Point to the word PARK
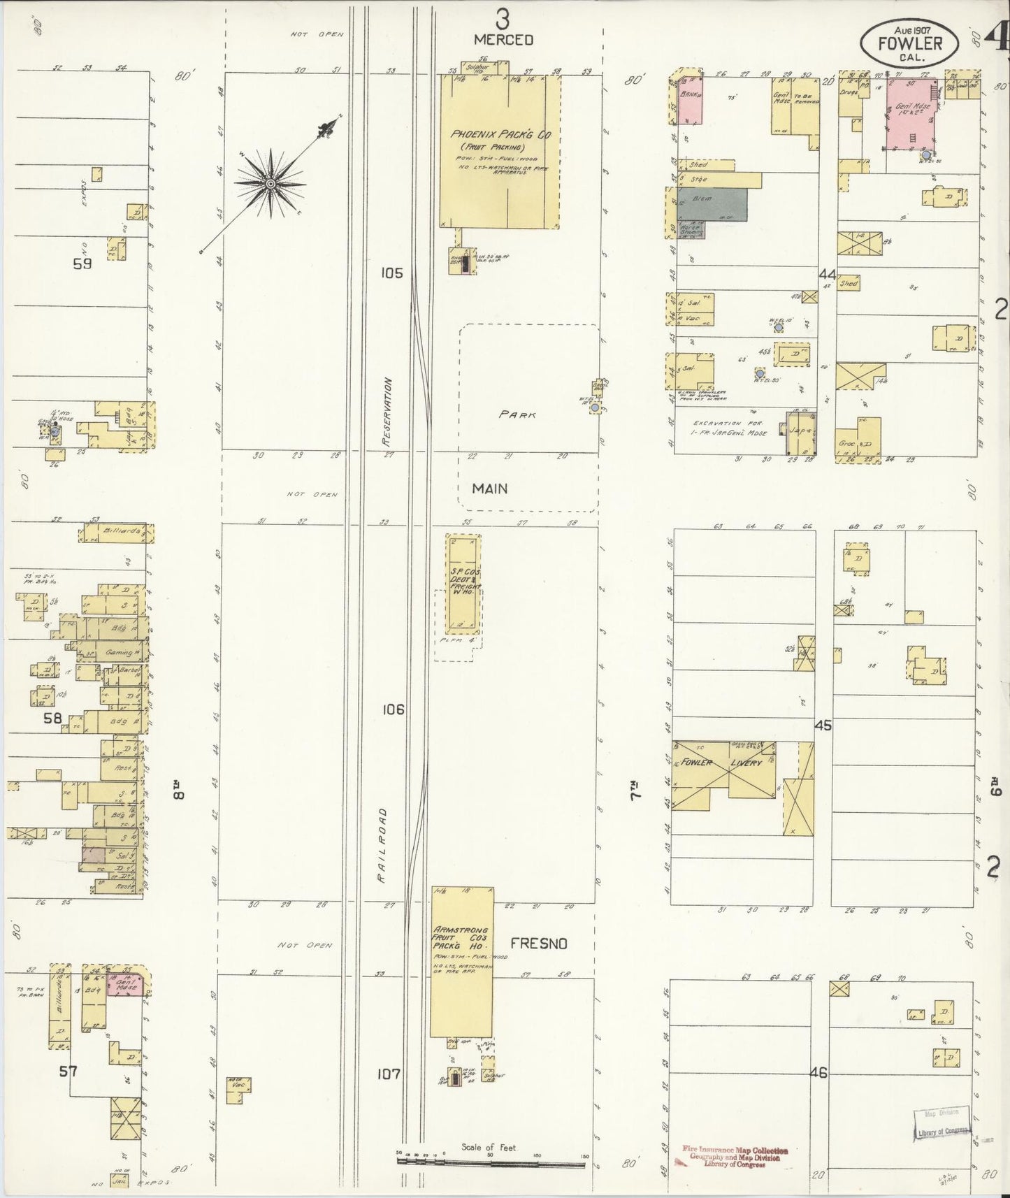point(517,414)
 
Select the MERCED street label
point(503,40)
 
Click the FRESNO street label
point(538,943)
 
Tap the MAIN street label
point(489,489)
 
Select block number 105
point(392,273)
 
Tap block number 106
point(393,709)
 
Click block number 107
point(389,1073)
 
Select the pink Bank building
point(690,100)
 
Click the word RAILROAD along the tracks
point(382,846)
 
